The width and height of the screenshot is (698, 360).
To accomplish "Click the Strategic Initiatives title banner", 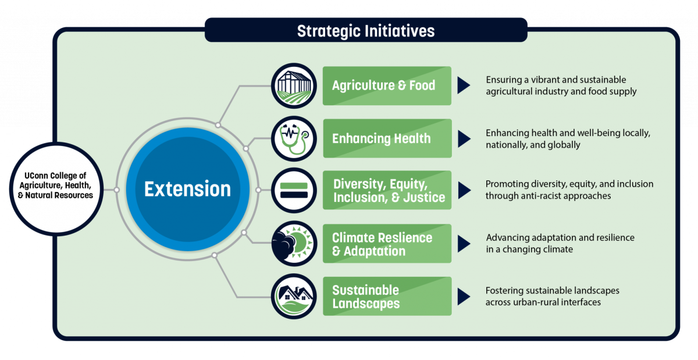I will tap(366, 30).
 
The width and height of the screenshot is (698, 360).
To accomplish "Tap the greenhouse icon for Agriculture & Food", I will tap(294, 85).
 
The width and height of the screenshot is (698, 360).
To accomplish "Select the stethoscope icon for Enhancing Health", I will tap(294, 138).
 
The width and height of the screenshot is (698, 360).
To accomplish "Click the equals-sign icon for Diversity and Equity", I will tap(294, 190).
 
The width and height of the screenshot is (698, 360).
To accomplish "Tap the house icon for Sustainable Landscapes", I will tap(294, 296).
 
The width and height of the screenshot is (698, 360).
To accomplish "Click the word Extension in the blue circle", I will tap(187, 189).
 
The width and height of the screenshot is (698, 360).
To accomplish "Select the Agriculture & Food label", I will tap(383, 85).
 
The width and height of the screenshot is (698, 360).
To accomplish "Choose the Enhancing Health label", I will tap(381, 138).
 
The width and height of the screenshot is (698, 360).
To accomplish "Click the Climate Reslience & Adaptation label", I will tap(382, 244).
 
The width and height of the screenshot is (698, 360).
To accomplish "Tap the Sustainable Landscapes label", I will tap(366, 297).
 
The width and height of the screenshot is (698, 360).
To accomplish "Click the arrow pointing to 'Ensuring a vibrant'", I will tap(463, 85).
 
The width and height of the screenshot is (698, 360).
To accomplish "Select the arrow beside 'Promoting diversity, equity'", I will tap(463, 190).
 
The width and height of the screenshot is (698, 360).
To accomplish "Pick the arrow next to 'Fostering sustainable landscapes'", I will tap(463, 296).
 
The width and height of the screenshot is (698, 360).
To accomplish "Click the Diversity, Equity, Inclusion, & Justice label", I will tap(389, 191).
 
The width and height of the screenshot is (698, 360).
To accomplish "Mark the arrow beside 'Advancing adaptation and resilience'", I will tap(463, 244).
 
